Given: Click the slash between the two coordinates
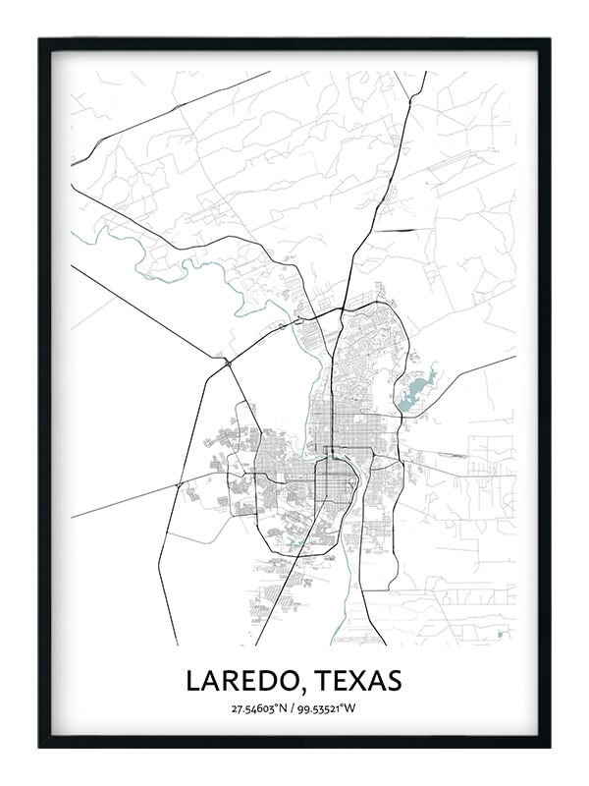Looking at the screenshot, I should (293, 708).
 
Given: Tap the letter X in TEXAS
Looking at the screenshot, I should (355, 680).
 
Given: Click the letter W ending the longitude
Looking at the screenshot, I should (352, 708).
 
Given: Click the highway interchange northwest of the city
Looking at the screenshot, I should (228, 363).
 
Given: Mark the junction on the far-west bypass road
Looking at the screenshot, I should (177, 485).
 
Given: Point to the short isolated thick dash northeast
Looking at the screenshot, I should (402, 231).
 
